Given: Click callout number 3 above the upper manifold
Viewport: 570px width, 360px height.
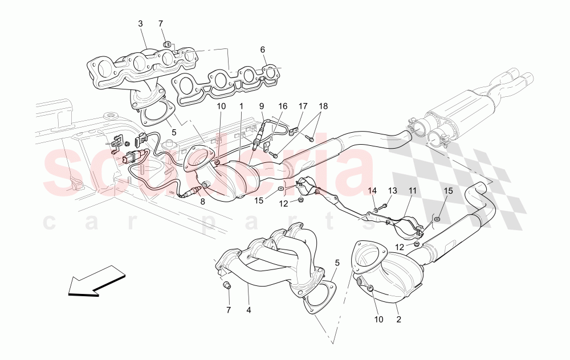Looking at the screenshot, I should (x=140, y=23).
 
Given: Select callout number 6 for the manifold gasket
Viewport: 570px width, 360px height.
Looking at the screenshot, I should (x=263, y=50).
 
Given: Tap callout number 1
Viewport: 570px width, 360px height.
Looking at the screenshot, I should (x=241, y=106).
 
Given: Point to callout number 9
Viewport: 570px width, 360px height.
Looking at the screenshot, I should (x=262, y=106).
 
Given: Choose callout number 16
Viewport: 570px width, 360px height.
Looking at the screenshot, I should (x=283, y=106).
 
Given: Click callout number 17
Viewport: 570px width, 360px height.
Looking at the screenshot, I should (x=303, y=106).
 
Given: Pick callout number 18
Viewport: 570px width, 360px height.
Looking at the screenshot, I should (x=323, y=106).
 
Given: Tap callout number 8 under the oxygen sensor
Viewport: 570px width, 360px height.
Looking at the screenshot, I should (x=202, y=201).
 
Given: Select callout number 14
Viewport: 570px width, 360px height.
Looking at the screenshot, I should (x=373, y=190).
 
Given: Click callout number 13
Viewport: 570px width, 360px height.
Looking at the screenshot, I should (x=392, y=190).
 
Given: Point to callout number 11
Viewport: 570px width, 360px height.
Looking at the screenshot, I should (x=412, y=190).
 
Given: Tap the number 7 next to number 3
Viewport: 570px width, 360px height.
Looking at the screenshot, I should (x=161, y=23).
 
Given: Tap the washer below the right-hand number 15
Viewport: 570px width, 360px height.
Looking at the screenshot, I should (x=437, y=219).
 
